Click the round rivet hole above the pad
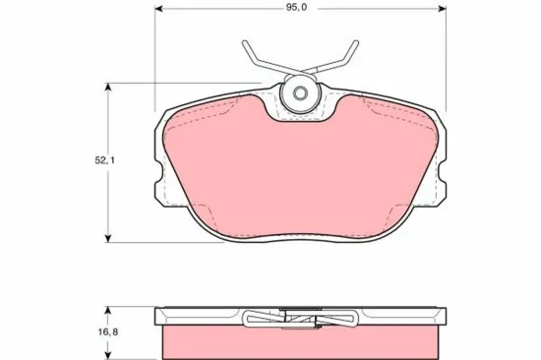[298, 94]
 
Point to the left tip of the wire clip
[243, 43]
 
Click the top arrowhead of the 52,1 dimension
[106, 87]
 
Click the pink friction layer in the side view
[298, 342]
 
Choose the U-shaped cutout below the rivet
[298, 118]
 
